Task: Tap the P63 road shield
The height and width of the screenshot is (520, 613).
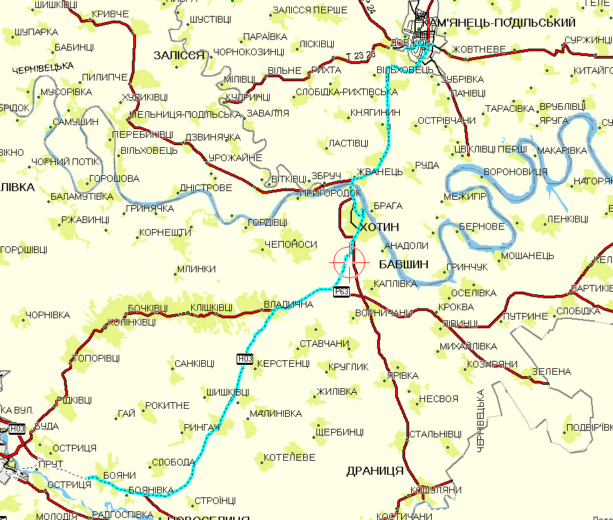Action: click(342, 291)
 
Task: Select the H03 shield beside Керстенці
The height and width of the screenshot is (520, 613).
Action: click(245, 359)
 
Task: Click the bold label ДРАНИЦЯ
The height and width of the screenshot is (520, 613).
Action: click(375, 471)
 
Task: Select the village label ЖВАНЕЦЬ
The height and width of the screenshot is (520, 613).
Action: click(380, 172)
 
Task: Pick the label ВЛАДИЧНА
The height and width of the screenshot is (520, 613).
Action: click(289, 305)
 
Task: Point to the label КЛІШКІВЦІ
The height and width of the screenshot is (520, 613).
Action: click(211, 308)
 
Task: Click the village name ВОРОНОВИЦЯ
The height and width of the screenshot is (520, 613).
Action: click(515, 172)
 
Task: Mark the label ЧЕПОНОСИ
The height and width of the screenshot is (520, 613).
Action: click(291, 244)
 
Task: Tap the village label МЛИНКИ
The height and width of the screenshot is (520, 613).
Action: click(196, 269)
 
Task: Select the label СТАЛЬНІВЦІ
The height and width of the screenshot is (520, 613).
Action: click(434, 433)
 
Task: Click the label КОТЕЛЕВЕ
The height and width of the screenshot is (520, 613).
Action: click(290, 457)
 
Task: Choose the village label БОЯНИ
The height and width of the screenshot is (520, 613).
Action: click(121, 475)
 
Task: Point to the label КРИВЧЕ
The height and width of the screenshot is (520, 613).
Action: click(111, 14)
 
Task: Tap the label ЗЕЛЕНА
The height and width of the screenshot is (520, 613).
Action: click(552, 371)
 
